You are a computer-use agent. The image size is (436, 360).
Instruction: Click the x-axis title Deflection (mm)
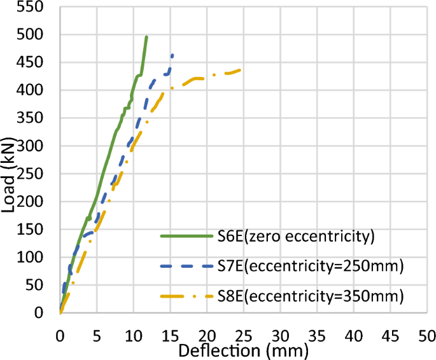coord(243,350)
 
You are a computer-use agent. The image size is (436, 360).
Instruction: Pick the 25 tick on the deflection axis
coord(243,335)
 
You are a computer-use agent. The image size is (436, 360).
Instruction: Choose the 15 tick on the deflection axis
coord(170,335)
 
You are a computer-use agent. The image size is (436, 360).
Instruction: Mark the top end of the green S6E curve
coord(146,37)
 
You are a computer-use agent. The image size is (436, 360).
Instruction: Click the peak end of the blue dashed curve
coord(172,55)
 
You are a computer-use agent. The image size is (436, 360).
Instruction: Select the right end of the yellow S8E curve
coord(240,69)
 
